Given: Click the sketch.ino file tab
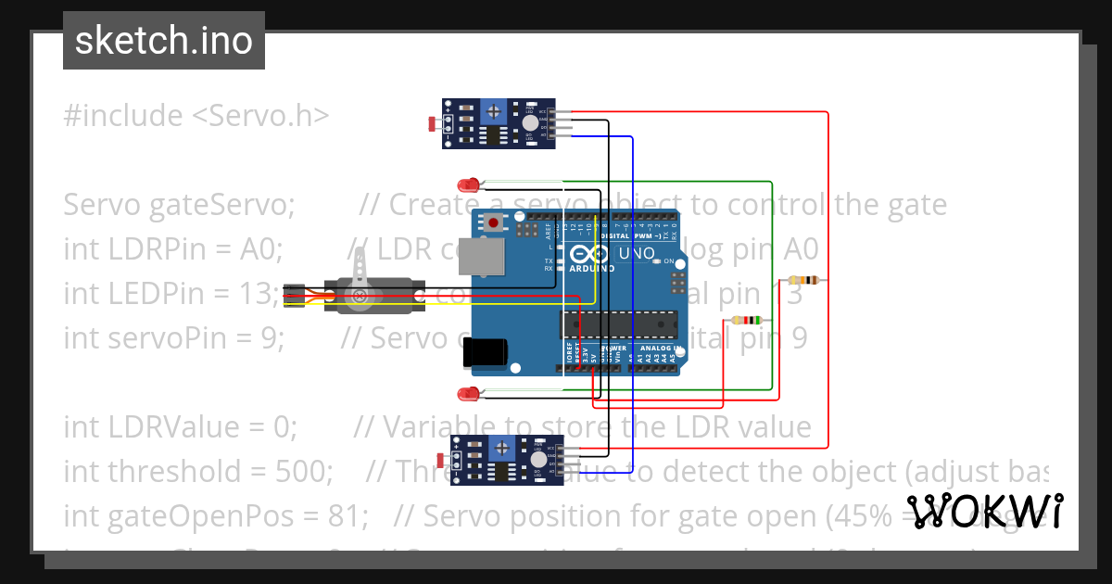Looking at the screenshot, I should coord(163,41).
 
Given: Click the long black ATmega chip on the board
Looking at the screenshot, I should coord(618,324).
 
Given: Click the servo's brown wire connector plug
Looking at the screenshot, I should coord(294,295).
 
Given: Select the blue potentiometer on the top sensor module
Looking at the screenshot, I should coord(496,111).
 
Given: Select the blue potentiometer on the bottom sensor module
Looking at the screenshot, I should coord(501,448).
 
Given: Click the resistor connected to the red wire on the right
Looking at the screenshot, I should coord(802,280).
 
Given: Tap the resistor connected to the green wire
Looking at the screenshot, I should coord(747,321).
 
